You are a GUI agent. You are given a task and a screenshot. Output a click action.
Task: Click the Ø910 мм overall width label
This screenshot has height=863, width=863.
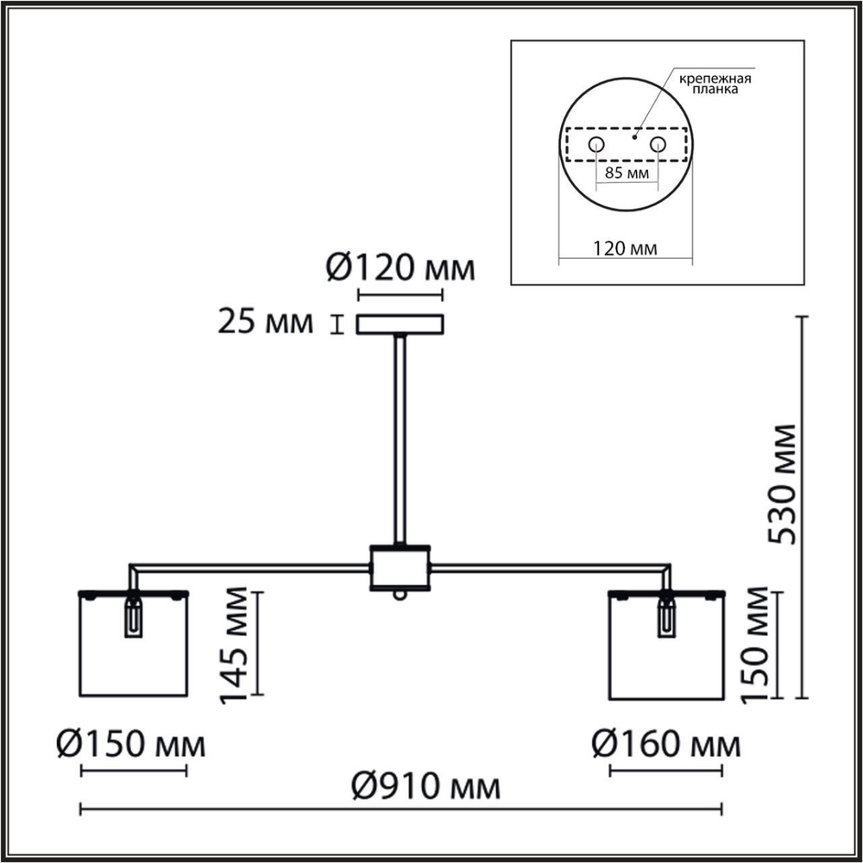425,787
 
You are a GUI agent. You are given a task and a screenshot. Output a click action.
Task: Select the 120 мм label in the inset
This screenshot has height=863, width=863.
625,249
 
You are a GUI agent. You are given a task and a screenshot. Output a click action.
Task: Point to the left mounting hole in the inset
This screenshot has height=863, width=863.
595,143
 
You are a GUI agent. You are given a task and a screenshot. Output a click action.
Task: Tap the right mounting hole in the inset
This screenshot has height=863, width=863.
658,143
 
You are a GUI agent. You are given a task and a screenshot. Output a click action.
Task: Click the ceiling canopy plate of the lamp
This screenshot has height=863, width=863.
400,324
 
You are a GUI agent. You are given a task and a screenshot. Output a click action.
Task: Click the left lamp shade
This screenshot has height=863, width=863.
133,647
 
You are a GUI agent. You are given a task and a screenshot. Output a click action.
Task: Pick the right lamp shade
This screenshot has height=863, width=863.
666,647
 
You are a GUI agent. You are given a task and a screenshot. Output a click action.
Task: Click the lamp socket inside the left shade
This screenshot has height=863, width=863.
133,618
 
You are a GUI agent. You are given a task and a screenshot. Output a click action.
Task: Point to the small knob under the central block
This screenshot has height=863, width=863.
399,595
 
